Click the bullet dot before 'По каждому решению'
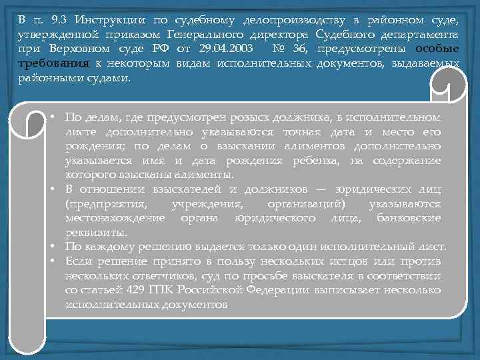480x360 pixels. click(x=52, y=247)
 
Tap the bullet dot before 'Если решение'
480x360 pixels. click(x=52, y=261)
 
